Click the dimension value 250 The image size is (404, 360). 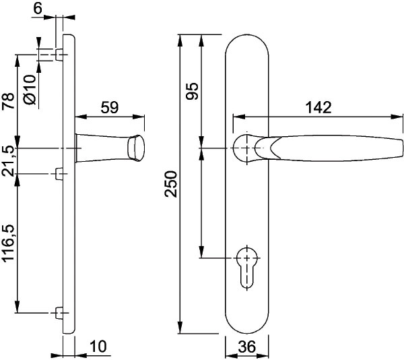tap(171, 184)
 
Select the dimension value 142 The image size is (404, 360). tap(318, 108)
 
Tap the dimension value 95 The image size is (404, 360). tap(193, 91)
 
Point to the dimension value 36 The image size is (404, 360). tap(247, 347)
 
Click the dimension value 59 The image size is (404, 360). tap(110, 107)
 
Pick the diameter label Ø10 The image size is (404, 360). tap(30, 90)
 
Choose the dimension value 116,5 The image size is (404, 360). tap(8, 243)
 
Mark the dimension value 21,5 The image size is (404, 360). tap(8, 161)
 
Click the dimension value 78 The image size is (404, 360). tap(8, 101)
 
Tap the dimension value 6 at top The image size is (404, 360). tap(38, 9)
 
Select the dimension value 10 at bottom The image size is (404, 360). tap(98, 347)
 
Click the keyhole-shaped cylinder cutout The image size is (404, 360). tap(247, 268)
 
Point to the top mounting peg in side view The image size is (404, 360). tap(59, 55)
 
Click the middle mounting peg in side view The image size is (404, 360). tap(59, 173)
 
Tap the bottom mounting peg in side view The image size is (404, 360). tap(59, 313)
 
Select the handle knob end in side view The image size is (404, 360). tap(136, 148)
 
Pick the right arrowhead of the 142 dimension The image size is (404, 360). tap(397, 117)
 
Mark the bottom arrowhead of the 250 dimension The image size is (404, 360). tap(180, 327)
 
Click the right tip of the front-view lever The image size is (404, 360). tap(403, 148)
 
